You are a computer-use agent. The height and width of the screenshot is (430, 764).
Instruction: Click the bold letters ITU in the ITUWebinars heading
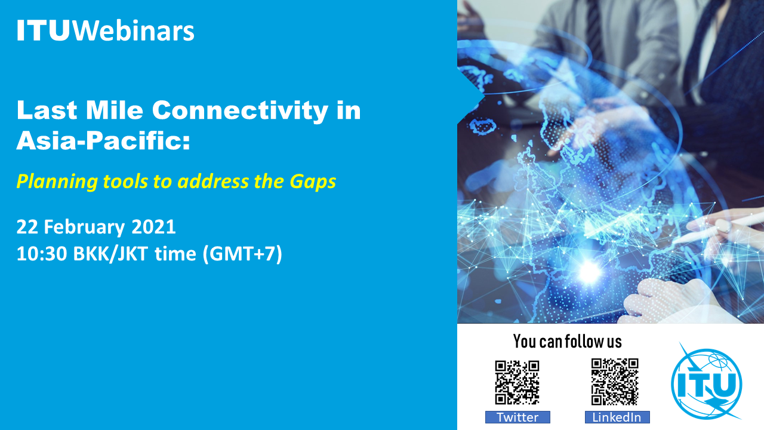click(x=44, y=30)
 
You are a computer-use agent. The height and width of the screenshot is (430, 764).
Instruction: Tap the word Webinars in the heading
click(x=133, y=30)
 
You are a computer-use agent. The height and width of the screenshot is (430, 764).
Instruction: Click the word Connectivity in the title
click(x=240, y=111)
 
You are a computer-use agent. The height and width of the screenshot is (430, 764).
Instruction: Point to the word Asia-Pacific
click(x=103, y=140)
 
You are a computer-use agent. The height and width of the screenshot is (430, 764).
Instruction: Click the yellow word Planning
click(x=57, y=182)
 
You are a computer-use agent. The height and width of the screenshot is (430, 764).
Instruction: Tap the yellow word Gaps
click(x=313, y=182)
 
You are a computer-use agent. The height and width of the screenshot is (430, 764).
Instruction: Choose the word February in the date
click(x=84, y=228)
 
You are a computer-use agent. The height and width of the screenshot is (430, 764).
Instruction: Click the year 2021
click(x=153, y=227)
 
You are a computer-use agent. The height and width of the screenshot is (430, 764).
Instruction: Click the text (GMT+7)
click(x=242, y=254)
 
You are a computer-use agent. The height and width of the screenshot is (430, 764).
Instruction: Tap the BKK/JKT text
click(x=110, y=254)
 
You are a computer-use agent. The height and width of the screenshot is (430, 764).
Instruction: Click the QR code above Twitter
click(x=517, y=383)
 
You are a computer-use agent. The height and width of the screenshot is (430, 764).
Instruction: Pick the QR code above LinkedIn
click(x=615, y=382)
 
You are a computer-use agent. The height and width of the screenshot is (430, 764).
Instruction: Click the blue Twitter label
click(x=517, y=417)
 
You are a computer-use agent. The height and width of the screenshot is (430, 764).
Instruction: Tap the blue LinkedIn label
click(x=617, y=417)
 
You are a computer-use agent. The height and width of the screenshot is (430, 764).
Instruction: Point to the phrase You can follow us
click(x=567, y=341)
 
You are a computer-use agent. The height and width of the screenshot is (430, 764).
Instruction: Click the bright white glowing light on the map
click(x=589, y=272)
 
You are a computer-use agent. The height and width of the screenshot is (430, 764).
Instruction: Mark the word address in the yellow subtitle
click(x=213, y=182)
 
